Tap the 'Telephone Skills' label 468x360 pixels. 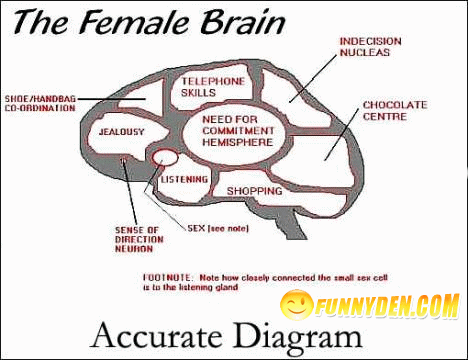pos(212,86)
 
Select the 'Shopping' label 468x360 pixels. pos(254,191)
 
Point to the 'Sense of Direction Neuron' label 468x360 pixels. pos(131,241)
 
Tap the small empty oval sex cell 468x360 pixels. pos(164,157)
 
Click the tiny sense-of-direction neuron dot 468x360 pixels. pos(123,160)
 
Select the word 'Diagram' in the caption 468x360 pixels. pos(294,333)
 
